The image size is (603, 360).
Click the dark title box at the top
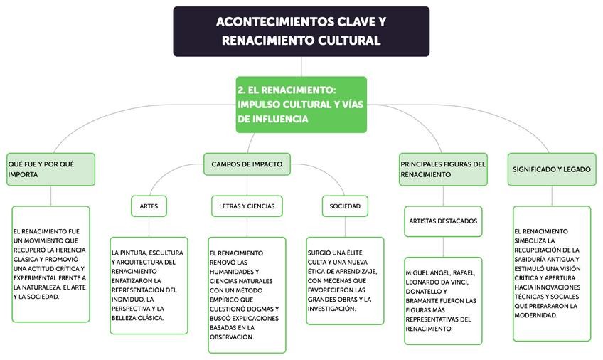click(x=301, y=31)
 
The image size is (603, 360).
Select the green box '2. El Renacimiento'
click(x=301, y=105)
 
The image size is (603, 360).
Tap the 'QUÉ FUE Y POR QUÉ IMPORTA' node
click(x=50, y=169)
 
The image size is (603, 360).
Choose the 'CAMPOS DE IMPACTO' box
click(x=247, y=164)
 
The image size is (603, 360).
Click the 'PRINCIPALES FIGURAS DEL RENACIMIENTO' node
click(x=443, y=169)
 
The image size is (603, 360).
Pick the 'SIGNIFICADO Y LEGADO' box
click(x=552, y=169)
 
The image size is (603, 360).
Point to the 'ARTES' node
click(x=149, y=206)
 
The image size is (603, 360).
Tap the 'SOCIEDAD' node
click(x=345, y=206)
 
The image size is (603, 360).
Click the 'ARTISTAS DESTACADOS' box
click(x=443, y=221)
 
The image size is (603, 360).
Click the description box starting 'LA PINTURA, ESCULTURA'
click(x=149, y=285)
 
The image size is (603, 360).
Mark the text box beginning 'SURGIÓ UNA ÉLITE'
click(x=345, y=280)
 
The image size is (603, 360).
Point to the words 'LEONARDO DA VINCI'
click(x=438, y=282)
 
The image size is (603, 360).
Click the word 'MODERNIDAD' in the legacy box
click(x=536, y=314)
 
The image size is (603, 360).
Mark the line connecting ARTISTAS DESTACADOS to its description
click(x=443, y=246)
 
